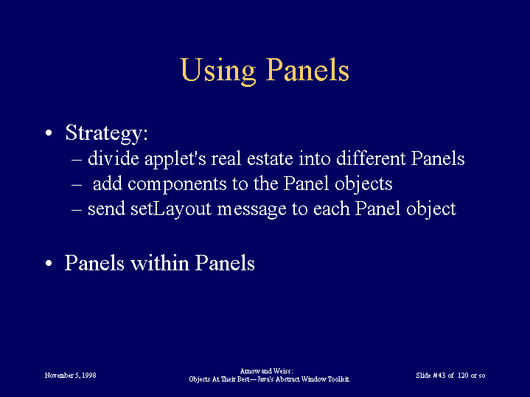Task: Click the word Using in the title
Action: click(218, 71)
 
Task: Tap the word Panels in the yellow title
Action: click(307, 69)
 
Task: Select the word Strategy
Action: click(106, 133)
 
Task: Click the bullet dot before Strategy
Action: click(49, 133)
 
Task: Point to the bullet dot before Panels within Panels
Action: click(49, 263)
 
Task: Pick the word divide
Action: click(114, 158)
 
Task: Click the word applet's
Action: click(175, 159)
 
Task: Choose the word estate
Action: click(270, 159)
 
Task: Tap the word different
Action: click(371, 158)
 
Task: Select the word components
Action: click(177, 185)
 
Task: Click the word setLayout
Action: click(171, 209)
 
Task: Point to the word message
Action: click(252, 210)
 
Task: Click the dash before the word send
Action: click(77, 209)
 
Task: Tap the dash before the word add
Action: click(77, 184)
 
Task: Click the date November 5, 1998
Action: click(70, 376)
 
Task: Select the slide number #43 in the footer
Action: click(439, 376)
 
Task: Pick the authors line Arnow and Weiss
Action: click(267, 371)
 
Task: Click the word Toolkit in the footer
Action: click(338, 379)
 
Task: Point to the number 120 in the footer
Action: click(463, 376)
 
